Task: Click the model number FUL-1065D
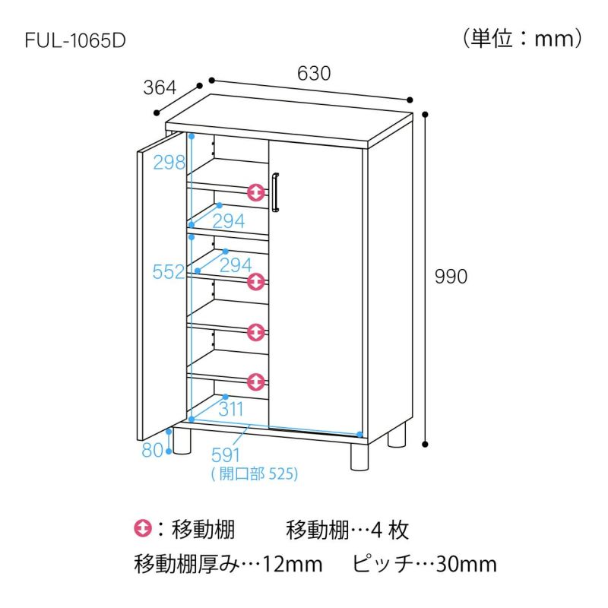coord(75,40)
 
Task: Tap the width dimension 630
coord(314,73)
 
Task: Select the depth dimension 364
coord(160,87)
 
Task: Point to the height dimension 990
coord(451,277)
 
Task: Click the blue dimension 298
coord(169,163)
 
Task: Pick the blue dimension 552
coord(169,272)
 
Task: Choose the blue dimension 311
coord(231,409)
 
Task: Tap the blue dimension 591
coord(226,455)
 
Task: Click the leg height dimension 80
coord(153,450)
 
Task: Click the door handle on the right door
coord(275,192)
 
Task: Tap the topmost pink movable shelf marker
coord(256,192)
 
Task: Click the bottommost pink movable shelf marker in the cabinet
coord(256,382)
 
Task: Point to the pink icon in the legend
coord(143,528)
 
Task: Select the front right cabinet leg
coord(359,457)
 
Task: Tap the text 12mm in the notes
coord(293,564)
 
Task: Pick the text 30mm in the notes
coord(467,564)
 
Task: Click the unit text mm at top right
coord(555,40)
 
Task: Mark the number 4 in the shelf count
coord(376,530)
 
